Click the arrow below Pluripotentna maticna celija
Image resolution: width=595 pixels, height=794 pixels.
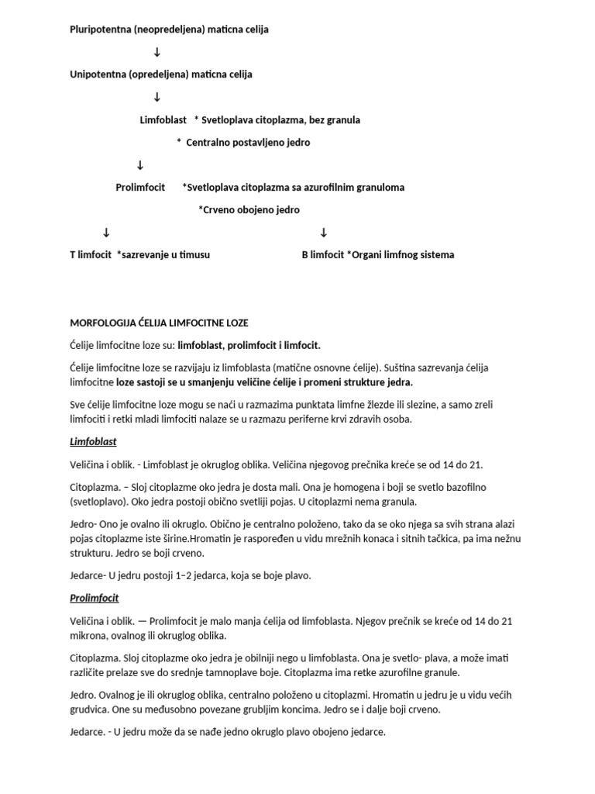click(157, 52)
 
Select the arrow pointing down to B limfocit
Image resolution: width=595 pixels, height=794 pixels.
click(324, 233)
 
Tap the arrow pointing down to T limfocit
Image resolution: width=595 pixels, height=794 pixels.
click(106, 233)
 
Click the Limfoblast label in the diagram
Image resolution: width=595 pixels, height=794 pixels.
click(163, 120)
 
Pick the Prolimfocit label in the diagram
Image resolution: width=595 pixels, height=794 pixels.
click(140, 188)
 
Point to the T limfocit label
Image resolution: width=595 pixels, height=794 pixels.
click(91, 255)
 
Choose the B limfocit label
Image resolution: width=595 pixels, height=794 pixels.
click(323, 255)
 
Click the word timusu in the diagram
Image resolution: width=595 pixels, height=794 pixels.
click(194, 255)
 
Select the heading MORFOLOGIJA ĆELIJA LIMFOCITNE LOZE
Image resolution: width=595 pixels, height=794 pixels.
click(159, 323)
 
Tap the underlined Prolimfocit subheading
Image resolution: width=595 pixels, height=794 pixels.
click(94, 599)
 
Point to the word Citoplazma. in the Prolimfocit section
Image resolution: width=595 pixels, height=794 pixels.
click(96, 658)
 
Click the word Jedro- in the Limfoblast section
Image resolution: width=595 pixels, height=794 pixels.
click(84, 525)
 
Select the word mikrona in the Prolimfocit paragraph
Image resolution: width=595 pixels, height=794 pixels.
click(89, 635)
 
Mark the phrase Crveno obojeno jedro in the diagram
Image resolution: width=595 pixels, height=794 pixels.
click(249, 210)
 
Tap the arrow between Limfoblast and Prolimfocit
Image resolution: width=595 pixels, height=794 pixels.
click(140, 165)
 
